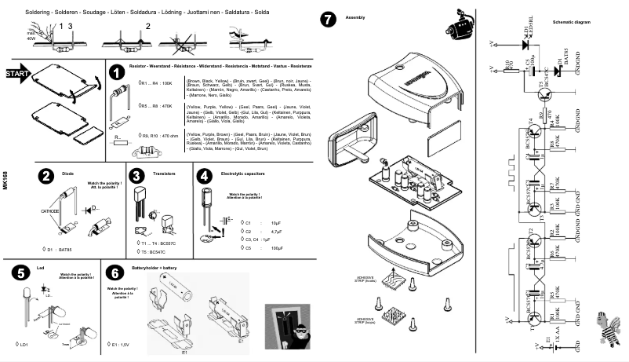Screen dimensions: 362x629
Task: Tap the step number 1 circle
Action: coord(117,71)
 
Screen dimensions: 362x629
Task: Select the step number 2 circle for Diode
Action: coord(46,177)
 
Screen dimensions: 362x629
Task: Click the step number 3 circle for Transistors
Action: coord(136,177)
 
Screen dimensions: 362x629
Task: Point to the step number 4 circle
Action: coord(205,177)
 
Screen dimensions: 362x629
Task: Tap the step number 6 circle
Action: coord(115,272)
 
